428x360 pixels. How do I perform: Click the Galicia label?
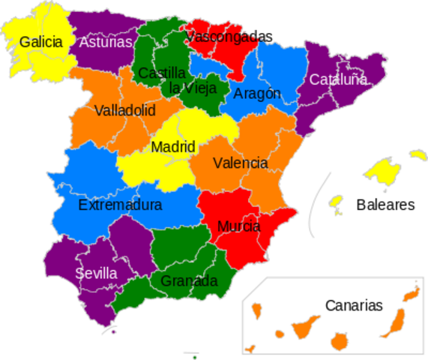point(40,42)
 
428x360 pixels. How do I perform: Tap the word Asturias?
point(106,42)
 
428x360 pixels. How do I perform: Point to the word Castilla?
point(162,73)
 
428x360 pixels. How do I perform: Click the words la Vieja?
point(193,88)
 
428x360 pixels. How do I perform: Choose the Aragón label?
point(257,94)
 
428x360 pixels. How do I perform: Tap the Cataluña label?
point(338,79)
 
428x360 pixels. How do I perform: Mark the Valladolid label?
point(125,111)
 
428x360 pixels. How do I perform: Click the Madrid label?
point(173,147)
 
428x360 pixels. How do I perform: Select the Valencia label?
point(240,163)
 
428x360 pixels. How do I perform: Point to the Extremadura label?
point(120,204)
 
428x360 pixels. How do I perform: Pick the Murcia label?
point(239,226)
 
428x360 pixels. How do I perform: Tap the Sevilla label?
point(96,273)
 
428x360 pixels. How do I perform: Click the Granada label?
point(189,281)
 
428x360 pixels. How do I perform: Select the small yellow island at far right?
point(418,154)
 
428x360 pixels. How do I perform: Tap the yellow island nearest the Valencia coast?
point(336,201)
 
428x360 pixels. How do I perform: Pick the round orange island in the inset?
point(339,341)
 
